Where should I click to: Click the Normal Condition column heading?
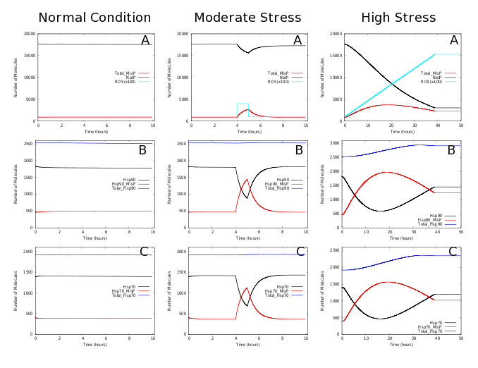(x=94, y=18)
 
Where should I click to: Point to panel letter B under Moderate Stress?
(x=298, y=150)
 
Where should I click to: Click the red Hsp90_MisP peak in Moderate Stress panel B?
(x=247, y=179)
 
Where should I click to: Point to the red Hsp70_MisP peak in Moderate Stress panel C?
(x=247, y=288)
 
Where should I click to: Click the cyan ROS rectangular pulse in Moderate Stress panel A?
(x=243, y=104)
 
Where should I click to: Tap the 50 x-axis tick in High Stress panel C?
(x=461, y=340)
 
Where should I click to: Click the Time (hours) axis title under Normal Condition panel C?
(x=94, y=345)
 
